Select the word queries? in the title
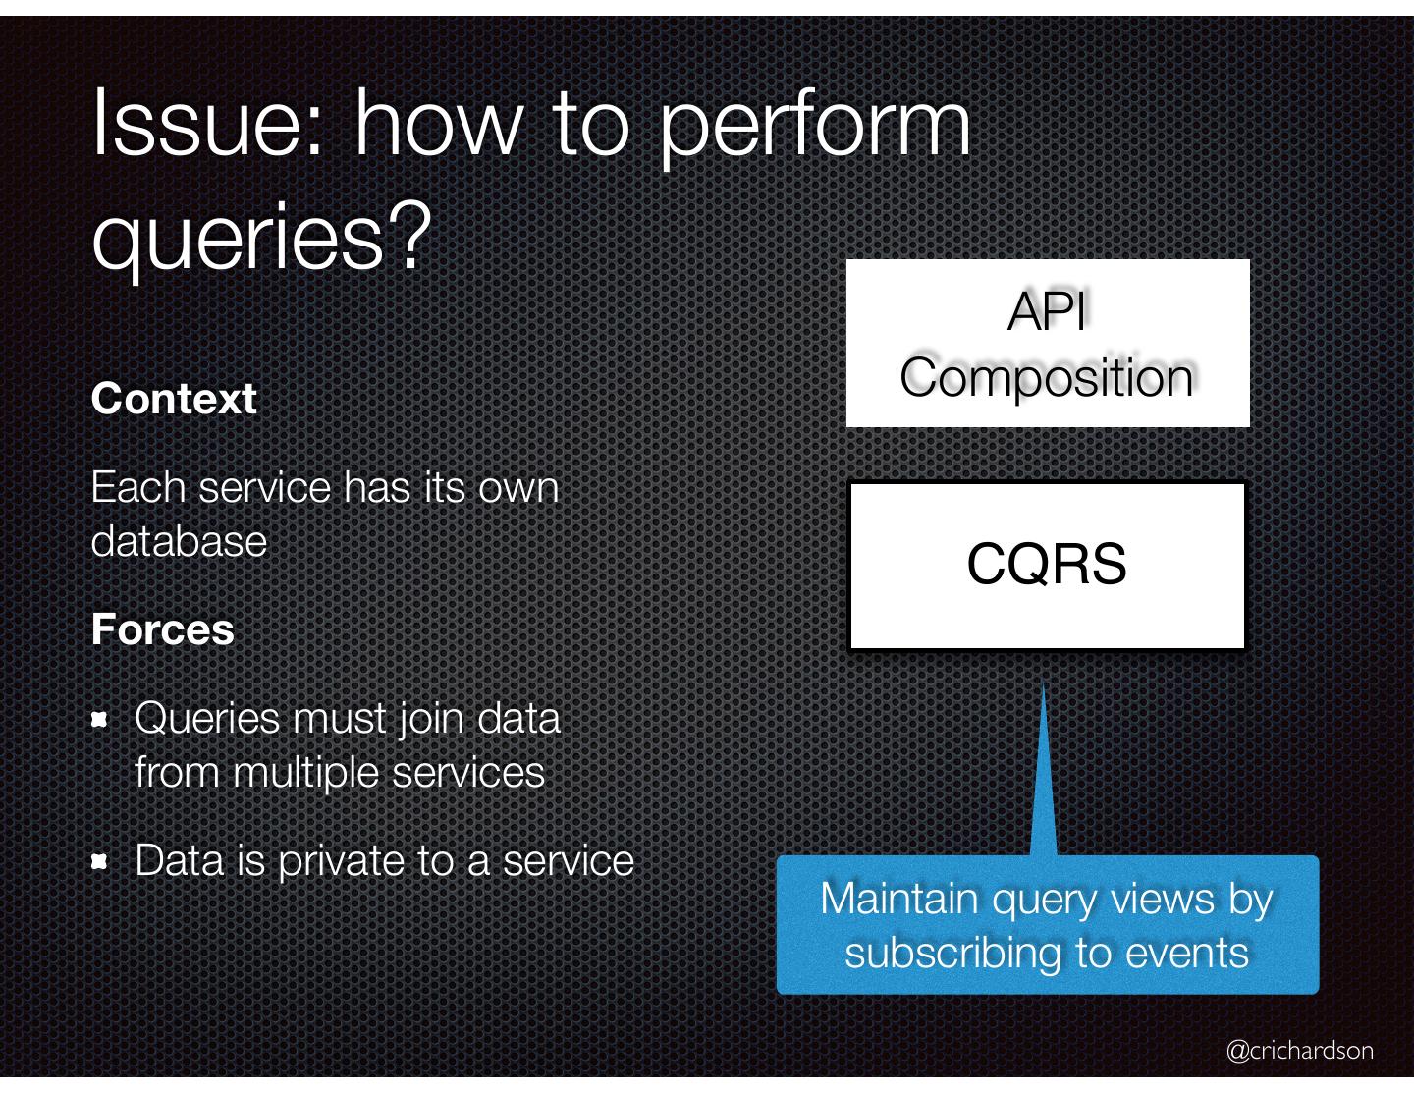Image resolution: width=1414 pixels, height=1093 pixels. [x=261, y=240]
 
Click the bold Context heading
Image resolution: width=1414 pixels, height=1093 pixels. [x=174, y=399]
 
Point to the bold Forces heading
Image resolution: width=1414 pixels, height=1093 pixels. [x=162, y=629]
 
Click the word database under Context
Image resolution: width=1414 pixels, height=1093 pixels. [x=179, y=541]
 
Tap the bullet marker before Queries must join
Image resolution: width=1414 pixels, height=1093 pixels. [x=98, y=720]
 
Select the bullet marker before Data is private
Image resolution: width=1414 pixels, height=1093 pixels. [x=98, y=862]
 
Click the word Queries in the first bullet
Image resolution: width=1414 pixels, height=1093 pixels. [x=207, y=719]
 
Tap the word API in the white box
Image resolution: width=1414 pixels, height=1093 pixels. [x=1047, y=312]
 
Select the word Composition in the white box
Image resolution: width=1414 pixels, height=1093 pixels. [x=1047, y=377]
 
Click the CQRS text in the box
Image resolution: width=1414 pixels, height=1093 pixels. [x=1047, y=564]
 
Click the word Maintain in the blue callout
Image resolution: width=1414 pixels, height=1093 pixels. [x=898, y=899]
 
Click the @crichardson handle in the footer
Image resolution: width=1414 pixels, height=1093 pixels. [x=1299, y=1051]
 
